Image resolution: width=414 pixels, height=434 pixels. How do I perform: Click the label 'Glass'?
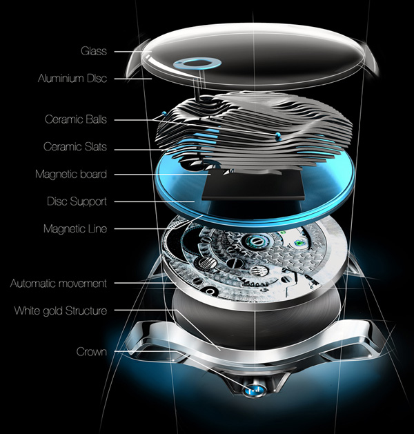click(x=93, y=51)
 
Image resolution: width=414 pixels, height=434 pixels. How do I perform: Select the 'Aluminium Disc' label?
click(x=72, y=79)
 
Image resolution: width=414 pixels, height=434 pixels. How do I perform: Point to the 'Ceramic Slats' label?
click(x=75, y=147)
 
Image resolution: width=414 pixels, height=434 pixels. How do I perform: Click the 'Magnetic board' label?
click(x=71, y=175)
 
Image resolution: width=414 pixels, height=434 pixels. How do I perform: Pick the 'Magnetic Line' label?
click(x=75, y=228)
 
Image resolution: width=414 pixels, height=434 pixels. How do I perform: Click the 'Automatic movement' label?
click(x=59, y=283)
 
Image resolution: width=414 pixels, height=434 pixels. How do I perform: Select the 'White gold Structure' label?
click(x=61, y=310)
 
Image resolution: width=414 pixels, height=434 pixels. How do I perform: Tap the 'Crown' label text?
click(x=91, y=352)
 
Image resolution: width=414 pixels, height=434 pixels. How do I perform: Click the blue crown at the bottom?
click(x=253, y=391)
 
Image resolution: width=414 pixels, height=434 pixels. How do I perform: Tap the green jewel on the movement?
click(x=299, y=241)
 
